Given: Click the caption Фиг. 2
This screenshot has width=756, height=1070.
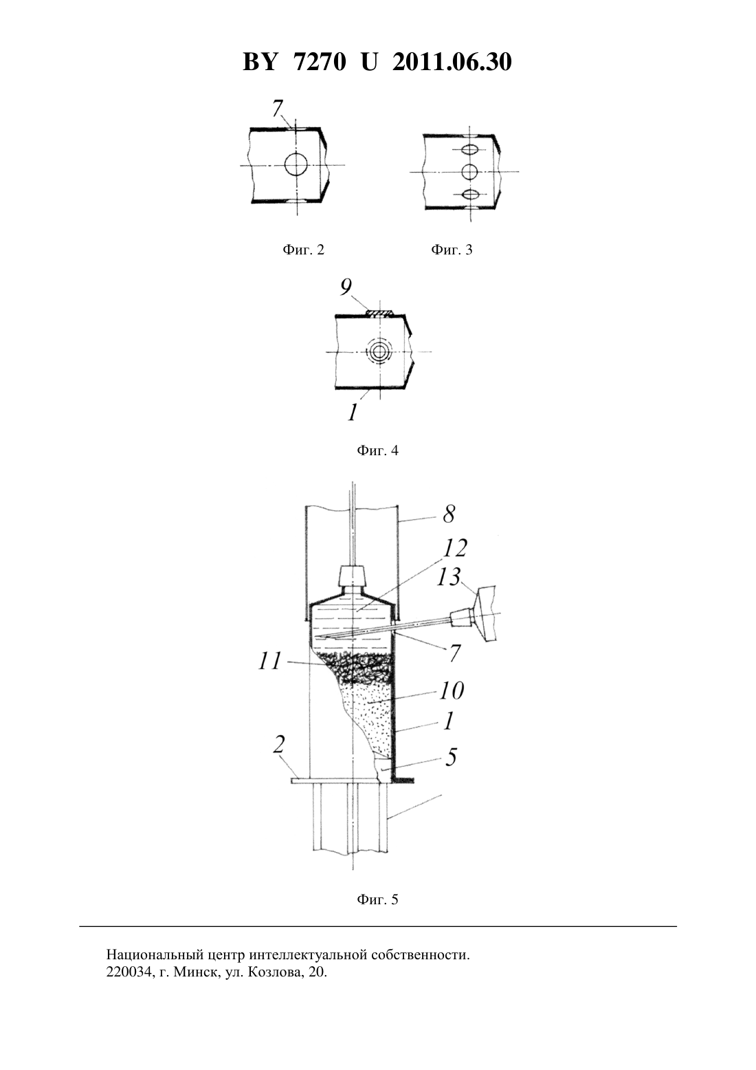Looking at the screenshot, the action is pyautogui.click(x=304, y=250).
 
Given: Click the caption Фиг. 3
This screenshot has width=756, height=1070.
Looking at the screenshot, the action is pyautogui.click(x=452, y=250).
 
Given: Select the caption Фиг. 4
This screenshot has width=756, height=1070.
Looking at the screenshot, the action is pyautogui.click(x=377, y=450).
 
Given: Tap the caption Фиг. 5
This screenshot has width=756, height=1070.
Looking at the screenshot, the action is pyautogui.click(x=377, y=899).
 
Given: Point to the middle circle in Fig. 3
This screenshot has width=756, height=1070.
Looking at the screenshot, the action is pyautogui.click(x=470, y=171).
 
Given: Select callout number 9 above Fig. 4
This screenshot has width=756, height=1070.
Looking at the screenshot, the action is pyautogui.click(x=346, y=287).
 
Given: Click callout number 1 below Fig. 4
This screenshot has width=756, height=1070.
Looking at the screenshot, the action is pyautogui.click(x=352, y=412).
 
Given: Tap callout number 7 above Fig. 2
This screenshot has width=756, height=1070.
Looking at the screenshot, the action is pyautogui.click(x=278, y=109).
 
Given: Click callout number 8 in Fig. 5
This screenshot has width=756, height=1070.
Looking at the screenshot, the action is pyautogui.click(x=449, y=514).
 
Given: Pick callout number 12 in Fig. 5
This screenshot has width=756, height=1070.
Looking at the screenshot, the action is pyautogui.click(x=454, y=548).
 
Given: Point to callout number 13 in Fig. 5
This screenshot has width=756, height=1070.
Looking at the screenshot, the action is pyautogui.click(x=449, y=576).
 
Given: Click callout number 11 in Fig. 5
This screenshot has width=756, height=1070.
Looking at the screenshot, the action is pyautogui.click(x=269, y=662).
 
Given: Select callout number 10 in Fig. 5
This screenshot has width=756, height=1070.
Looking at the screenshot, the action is pyautogui.click(x=451, y=690).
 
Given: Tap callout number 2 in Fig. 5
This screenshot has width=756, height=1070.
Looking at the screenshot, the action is pyautogui.click(x=279, y=745).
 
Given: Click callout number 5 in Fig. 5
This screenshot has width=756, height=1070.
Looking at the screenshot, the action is pyautogui.click(x=451, y=757).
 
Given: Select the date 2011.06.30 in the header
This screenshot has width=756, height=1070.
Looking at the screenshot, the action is pyautogui.click(x=452, y=62).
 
